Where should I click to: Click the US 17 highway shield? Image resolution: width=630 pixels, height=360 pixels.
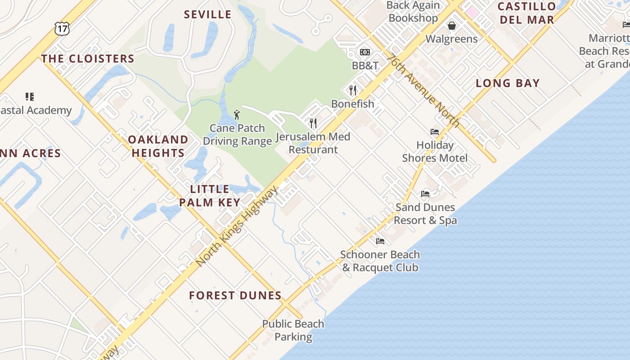(62, 28)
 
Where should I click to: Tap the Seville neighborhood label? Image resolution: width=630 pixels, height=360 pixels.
(207, 14)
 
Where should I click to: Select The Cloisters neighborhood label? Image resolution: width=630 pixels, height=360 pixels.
(88, 58)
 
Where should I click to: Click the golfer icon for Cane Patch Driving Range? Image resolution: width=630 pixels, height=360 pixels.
(237, 115)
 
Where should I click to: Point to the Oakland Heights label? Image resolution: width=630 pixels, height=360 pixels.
(158, 146)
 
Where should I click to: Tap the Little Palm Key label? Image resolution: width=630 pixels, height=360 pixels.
(210, 196)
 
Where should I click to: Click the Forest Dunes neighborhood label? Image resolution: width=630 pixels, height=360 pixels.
(235, 296)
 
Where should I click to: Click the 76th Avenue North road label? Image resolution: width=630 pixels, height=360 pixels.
(423, 90)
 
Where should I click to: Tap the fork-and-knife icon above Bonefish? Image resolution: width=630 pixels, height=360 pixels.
(353, 90)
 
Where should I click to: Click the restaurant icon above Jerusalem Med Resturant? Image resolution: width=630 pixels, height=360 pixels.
(313, 123)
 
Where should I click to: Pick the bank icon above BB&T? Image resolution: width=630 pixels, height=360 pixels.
(365, 52)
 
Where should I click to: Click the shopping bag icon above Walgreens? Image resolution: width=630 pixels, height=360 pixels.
(451, 26)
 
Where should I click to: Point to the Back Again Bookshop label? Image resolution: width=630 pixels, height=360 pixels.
(413, 12)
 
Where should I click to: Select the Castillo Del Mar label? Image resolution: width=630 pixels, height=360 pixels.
(526, 13)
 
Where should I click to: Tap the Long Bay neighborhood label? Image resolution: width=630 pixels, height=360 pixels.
(508, 83)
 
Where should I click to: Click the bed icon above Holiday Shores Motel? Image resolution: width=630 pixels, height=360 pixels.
(435, 132)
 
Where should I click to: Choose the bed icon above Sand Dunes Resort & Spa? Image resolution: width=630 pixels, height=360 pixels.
(425, 194)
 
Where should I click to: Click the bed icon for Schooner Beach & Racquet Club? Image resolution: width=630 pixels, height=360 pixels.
(380, 241)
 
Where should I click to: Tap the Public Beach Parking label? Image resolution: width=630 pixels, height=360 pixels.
(293, 330)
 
